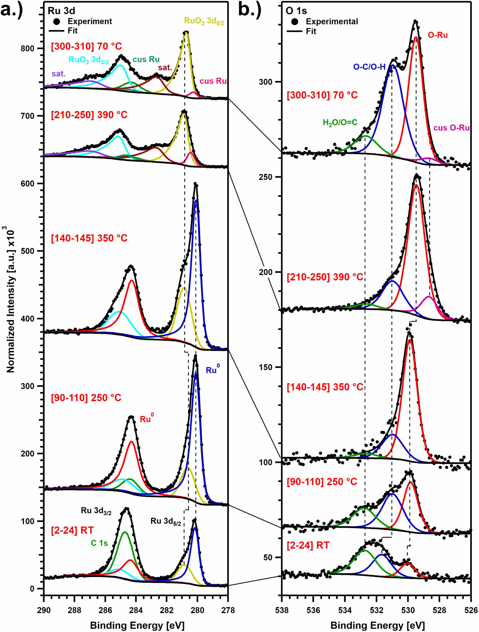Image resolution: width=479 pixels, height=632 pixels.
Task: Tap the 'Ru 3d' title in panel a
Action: point(61,11)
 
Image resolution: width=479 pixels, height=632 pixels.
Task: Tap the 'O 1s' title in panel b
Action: point(296,11)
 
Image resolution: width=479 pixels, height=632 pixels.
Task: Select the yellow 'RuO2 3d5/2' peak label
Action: point(204,21)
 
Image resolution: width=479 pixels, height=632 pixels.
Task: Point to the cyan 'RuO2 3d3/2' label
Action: point(88,60)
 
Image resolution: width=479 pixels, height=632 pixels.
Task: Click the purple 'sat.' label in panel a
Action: point(59,74)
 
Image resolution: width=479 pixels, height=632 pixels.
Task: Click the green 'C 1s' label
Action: point(99,543)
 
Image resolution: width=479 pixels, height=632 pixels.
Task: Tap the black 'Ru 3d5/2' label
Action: point(166,521)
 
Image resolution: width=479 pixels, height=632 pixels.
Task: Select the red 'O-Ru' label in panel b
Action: point(438,35)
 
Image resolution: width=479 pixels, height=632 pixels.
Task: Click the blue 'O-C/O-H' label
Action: point(369,67)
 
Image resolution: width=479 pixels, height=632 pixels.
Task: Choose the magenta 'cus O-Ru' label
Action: point(451,128)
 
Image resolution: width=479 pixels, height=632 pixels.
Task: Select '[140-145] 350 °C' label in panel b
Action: point(325,387)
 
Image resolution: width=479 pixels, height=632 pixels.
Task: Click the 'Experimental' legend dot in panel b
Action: point(295,21)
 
